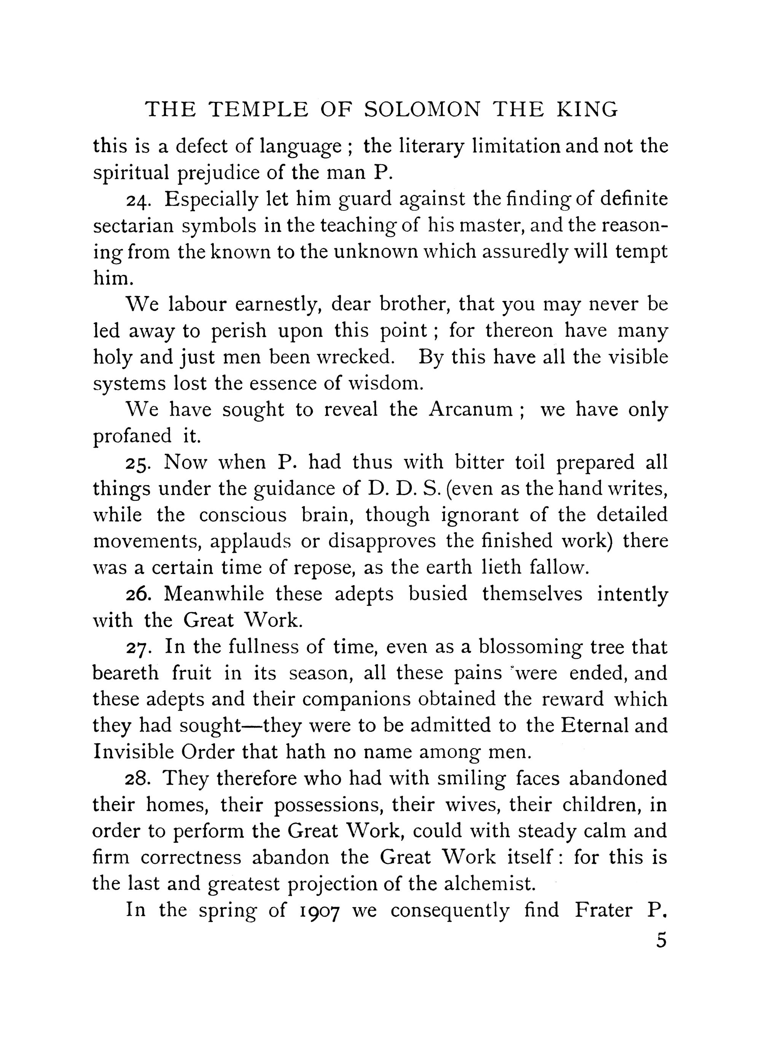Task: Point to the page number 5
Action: (x=661, y=940)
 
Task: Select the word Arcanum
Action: (x=470, y=410)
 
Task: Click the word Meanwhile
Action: (x=214, y=594)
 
